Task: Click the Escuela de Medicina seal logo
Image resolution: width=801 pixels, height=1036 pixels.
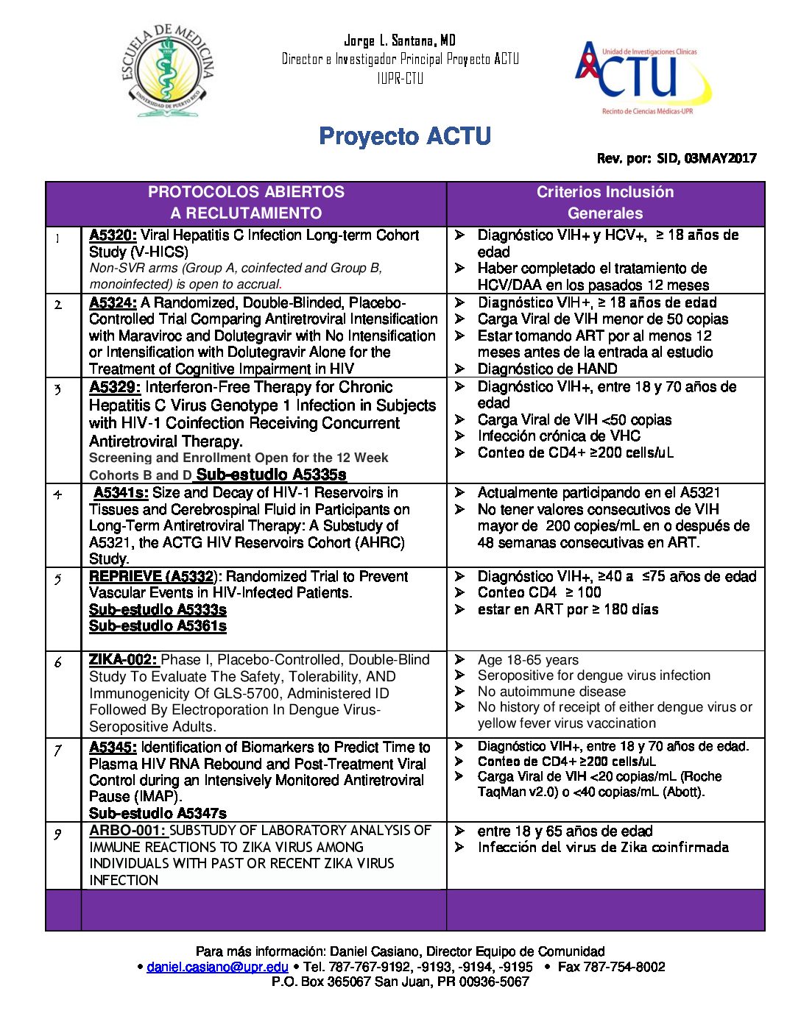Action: coord(168,71)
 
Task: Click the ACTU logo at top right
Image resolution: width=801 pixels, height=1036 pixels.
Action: coord(643,78)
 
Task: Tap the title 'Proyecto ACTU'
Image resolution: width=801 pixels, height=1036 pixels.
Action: coord(405,136)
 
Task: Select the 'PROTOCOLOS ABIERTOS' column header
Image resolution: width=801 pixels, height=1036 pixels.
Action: coord(246,193)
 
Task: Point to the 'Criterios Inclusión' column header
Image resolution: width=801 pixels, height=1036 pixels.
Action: coord(605,193)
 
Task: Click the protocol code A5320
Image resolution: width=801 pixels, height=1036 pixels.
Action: coord(113,235)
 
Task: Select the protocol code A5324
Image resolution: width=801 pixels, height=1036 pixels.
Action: coord(113,303)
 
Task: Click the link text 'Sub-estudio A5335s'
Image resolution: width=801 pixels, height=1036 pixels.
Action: coord(271,475)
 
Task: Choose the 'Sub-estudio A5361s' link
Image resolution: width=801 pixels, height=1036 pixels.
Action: coord(158,626)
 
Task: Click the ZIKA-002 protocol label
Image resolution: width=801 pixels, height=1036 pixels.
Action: coord(123,660)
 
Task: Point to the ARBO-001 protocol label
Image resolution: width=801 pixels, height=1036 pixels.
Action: coord(128,831)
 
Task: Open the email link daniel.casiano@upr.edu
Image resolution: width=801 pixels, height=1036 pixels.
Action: coord(217,967)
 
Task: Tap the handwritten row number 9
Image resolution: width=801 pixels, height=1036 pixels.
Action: coord(57,834)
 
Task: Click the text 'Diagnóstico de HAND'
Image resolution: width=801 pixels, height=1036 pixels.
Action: coord(547,369)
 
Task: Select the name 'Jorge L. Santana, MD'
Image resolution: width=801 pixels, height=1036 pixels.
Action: coord(400,40)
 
